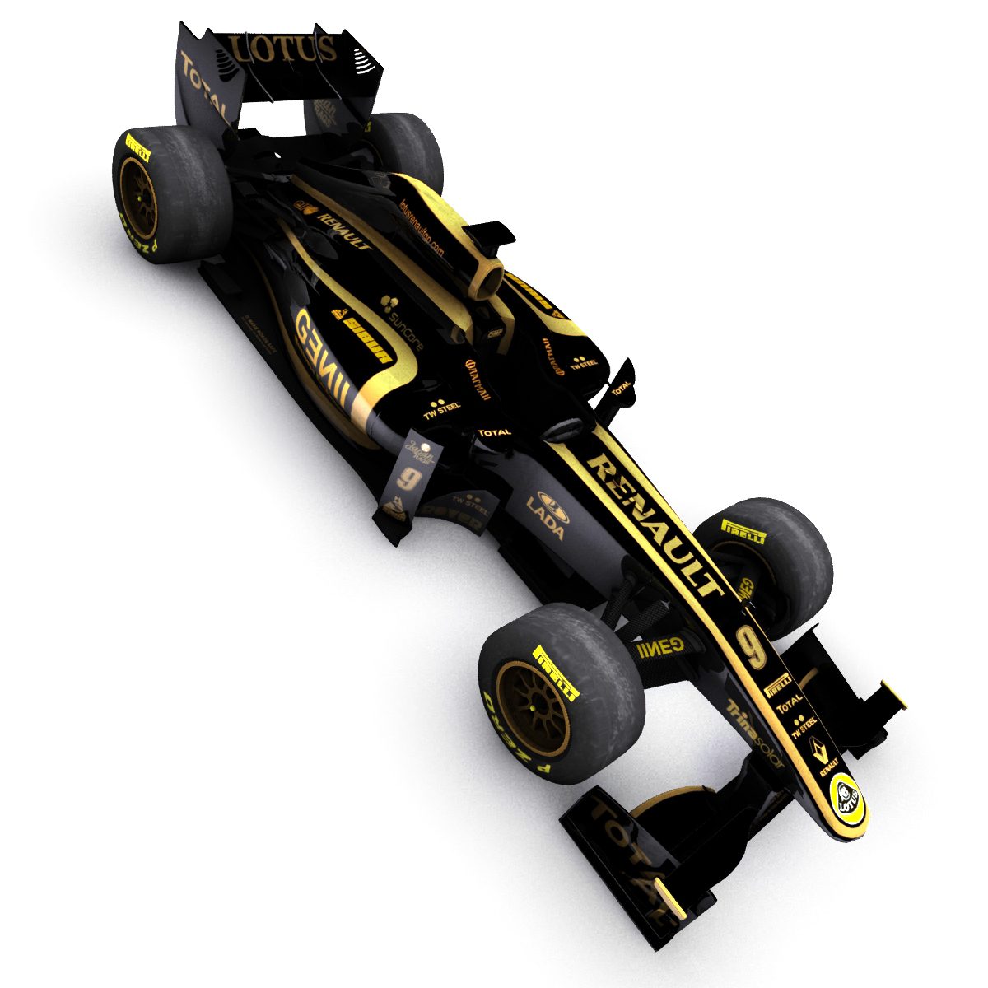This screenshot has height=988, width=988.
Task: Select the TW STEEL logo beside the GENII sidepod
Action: coord(441,409)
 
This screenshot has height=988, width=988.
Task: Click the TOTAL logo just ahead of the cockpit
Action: coord(495,431)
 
